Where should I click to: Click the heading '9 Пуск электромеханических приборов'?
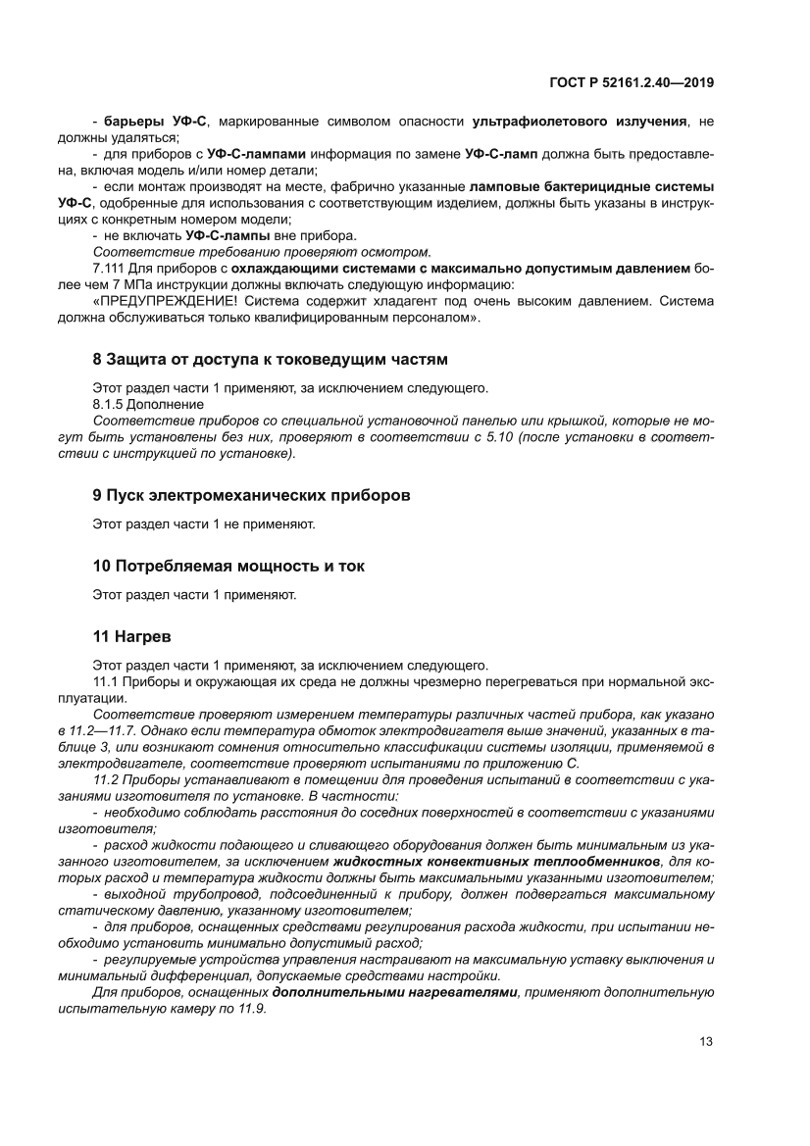coord(251,495)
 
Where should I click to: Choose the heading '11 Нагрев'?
coord(132,635)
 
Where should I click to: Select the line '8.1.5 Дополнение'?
coord(148,404)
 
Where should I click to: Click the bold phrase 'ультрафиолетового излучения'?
coord(580,122)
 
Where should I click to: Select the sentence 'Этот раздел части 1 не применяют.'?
coord(204,524)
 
